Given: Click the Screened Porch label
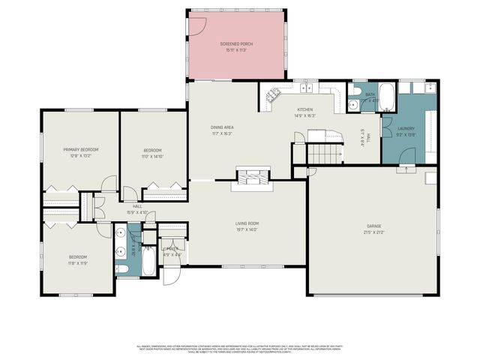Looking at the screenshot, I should pos(236,44).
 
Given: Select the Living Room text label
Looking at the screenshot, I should pos(247,223).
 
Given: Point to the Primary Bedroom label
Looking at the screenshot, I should pos(80,149).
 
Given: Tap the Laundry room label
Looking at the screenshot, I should pos(406,128).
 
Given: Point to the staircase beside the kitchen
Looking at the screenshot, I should pos(324,154).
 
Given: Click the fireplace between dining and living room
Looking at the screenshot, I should pos(247,178).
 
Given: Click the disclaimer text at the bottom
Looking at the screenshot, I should pos(240,349).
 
